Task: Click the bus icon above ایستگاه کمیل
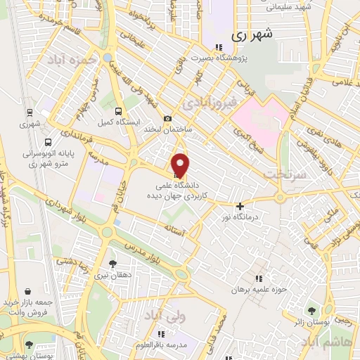[118, 110]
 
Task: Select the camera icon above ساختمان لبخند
[167, 119]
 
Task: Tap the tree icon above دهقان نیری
[113, 264]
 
